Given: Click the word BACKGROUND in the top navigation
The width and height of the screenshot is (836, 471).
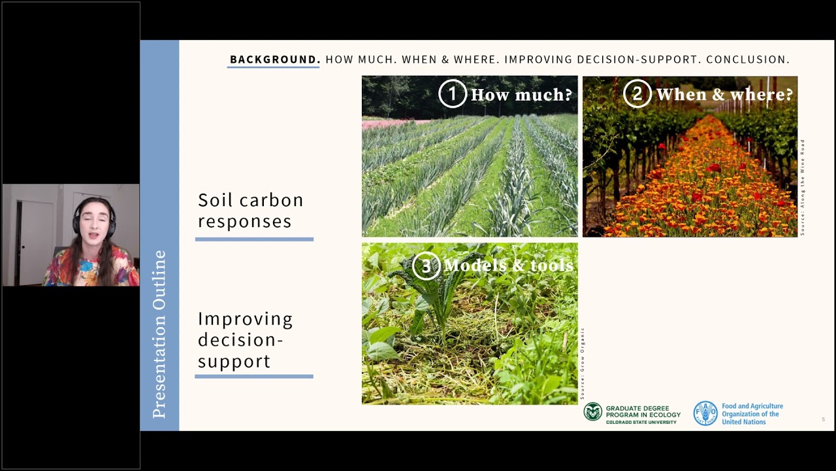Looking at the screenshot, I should coord(274,60).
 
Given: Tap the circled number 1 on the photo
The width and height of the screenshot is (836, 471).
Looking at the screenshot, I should coord(452,94).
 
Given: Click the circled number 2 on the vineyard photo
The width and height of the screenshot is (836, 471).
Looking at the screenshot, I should coord(637,94).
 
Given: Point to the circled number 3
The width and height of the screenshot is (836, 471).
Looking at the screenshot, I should coord(426,266).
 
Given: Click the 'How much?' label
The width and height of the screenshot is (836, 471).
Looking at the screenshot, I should coord(521,95).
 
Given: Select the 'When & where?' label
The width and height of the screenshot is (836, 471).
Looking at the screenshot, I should coord(724,95).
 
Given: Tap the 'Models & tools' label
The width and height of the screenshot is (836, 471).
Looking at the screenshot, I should coord(508,266).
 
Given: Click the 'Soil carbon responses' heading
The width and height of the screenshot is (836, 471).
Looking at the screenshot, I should coord(251,210).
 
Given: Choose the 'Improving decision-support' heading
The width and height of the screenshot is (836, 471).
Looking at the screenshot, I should coord(246,340).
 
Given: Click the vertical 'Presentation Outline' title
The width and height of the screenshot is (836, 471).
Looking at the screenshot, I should coord(159,334).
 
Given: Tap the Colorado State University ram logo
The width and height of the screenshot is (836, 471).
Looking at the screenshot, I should coord(592,411).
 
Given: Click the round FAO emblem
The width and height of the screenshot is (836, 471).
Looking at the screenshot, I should coord(705,413).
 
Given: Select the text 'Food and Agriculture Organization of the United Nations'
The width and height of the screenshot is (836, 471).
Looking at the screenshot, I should coord(752,413).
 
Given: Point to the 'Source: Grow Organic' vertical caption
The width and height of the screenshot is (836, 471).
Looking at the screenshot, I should coord(582,364).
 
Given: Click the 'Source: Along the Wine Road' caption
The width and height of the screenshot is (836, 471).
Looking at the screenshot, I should coord(803,187).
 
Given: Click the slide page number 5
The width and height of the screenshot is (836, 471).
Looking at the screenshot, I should coord(823,419).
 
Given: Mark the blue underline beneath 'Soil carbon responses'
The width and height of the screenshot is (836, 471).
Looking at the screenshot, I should coord(254,239).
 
